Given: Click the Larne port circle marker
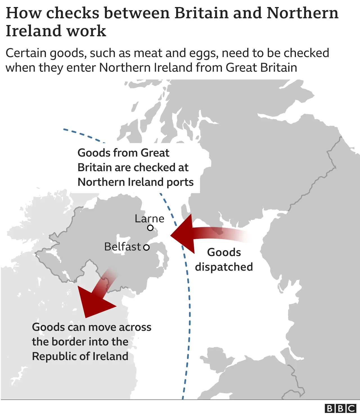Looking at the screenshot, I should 150,228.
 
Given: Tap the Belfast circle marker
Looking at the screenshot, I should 146,247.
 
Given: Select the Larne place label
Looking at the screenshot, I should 149,219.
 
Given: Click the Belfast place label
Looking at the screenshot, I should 122,247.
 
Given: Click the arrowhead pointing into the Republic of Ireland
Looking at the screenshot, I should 93,302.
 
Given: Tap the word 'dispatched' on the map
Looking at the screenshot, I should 224,267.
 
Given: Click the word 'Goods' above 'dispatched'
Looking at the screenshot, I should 224,252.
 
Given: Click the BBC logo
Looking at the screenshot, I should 340,408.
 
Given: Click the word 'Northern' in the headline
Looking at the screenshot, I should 302,13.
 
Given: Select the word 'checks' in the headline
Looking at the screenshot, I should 73,13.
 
